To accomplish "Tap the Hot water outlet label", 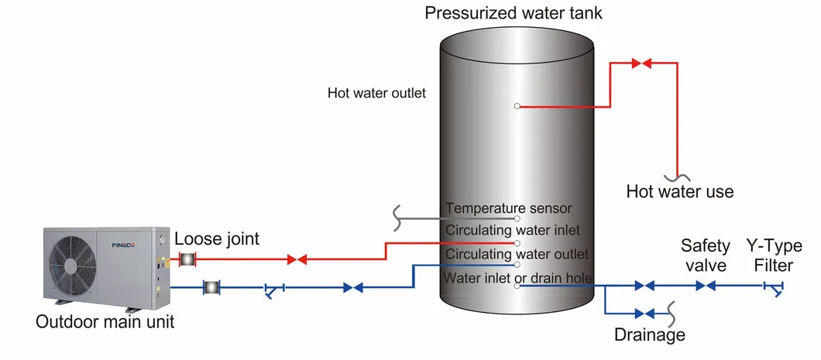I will click(376, 94).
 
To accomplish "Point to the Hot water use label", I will click(679, 191).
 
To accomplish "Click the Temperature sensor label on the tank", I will click(508, 208).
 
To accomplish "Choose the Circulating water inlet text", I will click(511, 230).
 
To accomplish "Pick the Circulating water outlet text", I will click(517, 253).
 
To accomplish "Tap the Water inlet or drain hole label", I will click(517, 277).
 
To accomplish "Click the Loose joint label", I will click(217, 239).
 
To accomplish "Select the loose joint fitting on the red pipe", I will click(187, 259).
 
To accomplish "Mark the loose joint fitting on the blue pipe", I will click(210, 288).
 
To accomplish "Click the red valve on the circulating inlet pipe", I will click(297, 259).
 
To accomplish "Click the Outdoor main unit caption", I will click(105, 321).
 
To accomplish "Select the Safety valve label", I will click(705, 255).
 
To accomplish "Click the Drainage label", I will click(649, 335).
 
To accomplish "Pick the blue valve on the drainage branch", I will click(644, 314).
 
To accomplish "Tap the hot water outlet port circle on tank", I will click(517, 107).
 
